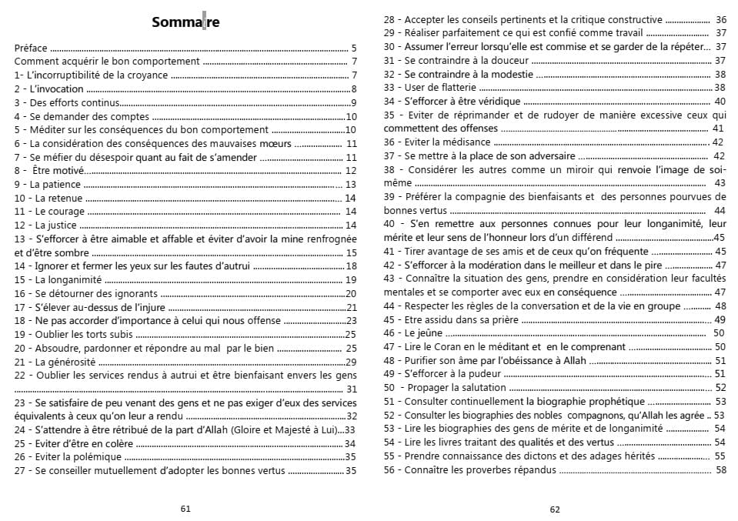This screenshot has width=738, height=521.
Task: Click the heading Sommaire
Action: (x=185, y=22)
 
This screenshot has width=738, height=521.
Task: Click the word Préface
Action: (x=31, y=48)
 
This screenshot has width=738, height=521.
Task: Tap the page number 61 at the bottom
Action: (x=185, y=508)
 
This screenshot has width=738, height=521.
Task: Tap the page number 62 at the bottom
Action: (x=555, y=508)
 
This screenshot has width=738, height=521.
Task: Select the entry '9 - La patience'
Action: (x=48, y=185)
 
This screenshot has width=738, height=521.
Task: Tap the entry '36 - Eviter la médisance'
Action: (x=437, y=142)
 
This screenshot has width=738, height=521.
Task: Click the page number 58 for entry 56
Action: (x=720, y=469)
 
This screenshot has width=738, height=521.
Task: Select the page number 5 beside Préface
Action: (x=353, y=48)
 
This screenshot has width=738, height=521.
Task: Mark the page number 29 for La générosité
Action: (x=351, y=361)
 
